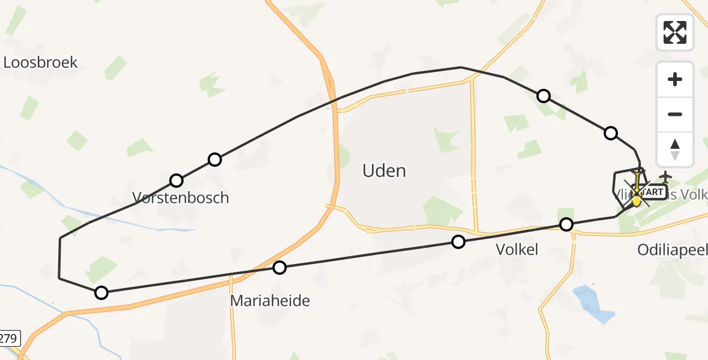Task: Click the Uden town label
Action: pos(384,171)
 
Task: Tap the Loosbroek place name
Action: pos(41,62)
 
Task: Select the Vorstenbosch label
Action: pos(181,197)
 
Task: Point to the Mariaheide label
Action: pos(270,301)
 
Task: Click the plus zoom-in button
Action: pos(675,80)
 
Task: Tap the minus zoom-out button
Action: pos(675,114)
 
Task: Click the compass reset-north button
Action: pos(675,148)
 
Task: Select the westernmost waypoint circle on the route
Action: pos(101,293)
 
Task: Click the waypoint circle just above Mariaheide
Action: pos(280,268)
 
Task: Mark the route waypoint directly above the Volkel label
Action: pos(566,224)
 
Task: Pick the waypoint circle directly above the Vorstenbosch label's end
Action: pos(215,160)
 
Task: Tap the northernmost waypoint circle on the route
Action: pos(544,96)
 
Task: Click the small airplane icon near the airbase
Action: pos(665,177)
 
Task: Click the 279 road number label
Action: pos(8,338)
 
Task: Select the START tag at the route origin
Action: pos(653,192)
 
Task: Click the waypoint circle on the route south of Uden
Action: pos(458,242)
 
